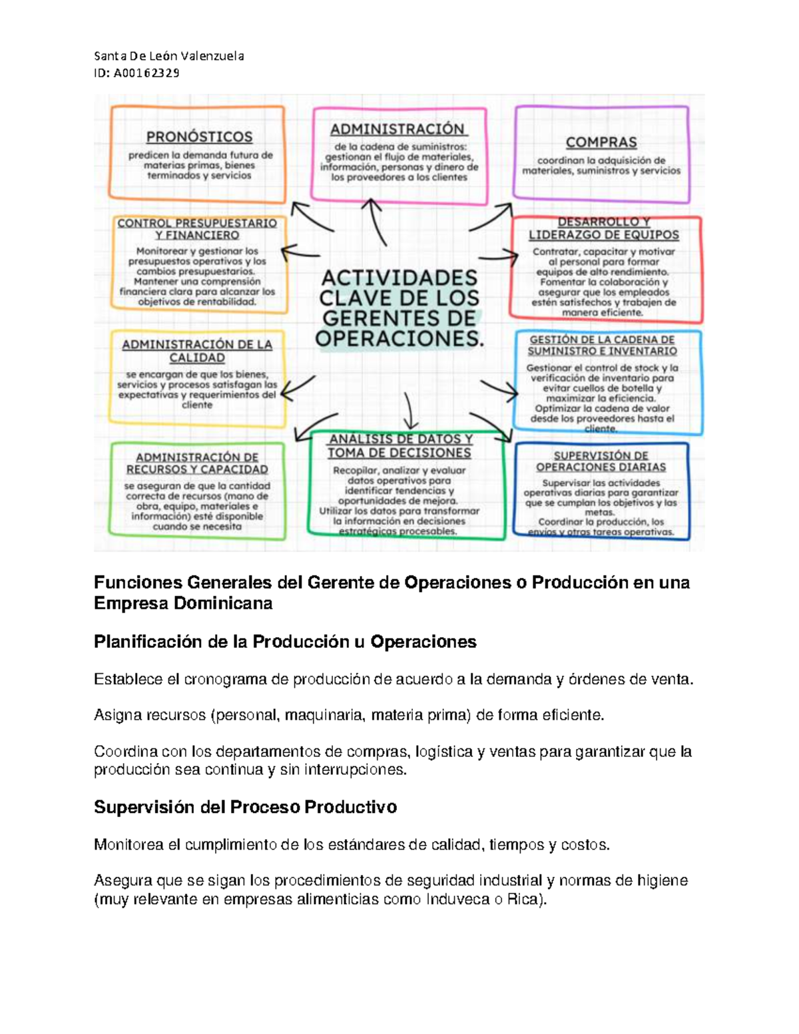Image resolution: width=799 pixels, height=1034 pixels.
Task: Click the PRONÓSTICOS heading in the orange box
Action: tap(199, 137)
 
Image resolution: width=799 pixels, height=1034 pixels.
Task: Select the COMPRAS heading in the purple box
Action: tap(601, 142)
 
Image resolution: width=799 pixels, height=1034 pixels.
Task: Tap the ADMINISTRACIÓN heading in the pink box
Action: tap(399, 129)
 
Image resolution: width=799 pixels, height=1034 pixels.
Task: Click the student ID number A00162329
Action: tap(146, 73)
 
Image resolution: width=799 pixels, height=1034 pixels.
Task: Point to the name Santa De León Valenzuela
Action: tap(169, 56)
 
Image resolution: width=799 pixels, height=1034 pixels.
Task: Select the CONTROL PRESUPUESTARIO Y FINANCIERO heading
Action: tap(197, 229)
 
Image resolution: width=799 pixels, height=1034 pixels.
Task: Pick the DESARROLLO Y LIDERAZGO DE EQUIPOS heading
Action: tap(604, 228)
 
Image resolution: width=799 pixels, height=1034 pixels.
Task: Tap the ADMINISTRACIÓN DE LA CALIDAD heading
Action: tap(197, 351)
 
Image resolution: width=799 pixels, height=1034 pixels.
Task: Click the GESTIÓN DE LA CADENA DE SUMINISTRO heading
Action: tap(603, 345)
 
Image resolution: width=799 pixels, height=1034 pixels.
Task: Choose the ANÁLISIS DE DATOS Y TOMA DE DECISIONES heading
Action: tap(400, 446)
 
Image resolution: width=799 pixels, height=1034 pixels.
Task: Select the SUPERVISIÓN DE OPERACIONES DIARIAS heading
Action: tap(601, 461)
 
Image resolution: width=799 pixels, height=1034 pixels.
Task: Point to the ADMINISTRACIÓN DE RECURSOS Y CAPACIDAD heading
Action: tap(197, 463)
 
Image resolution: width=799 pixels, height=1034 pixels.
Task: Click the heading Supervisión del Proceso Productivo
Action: tap(245, 807)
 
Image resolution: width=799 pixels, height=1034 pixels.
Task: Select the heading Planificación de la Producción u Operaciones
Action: tap(285, 642)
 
